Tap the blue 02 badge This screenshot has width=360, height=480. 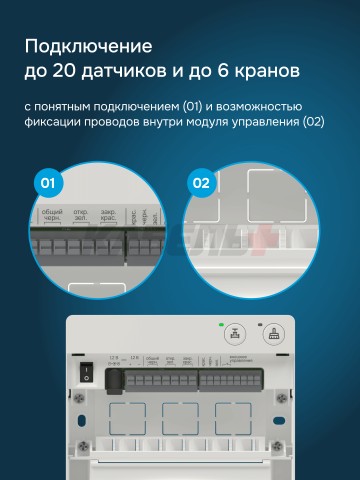coord(200,183)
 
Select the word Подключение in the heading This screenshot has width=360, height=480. coord(88,46)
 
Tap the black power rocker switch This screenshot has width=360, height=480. coord(87,375)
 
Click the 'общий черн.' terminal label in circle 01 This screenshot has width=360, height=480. coord(51,216)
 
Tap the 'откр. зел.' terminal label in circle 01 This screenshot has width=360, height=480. coord(79,216)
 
